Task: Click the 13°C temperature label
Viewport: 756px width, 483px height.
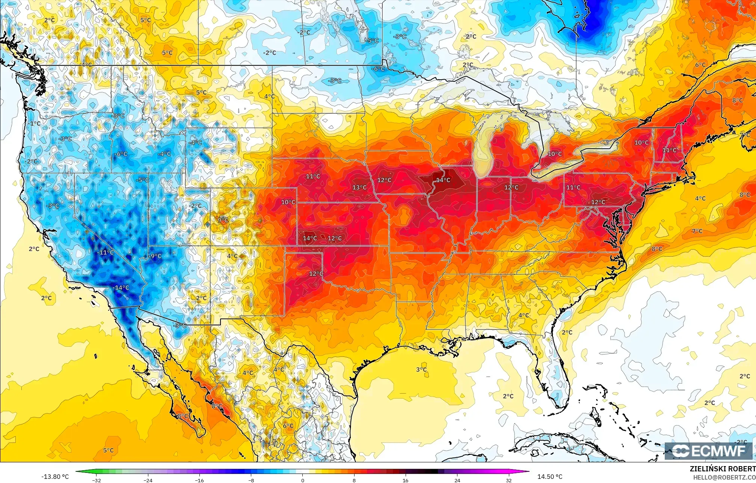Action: click(x=359, y=187)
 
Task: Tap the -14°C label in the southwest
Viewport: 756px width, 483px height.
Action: click(x=121, y=288)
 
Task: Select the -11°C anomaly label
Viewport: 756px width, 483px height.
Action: click(x=105, y=253)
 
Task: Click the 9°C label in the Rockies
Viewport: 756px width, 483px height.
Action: click(x=223, y=220)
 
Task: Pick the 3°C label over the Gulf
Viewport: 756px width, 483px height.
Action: click(x=421, y=370)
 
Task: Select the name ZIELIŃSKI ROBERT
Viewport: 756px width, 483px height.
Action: click(x=723, y=469)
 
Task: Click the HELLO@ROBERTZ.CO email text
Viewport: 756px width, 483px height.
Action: click(x=724, y=477)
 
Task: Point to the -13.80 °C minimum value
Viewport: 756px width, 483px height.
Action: click(x=55, y=477)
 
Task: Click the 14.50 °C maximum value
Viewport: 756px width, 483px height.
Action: click(x=550, y=477)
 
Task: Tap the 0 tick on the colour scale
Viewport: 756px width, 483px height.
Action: click(x=303, y=480)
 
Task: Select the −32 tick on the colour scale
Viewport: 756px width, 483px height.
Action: click(x=97, y=480)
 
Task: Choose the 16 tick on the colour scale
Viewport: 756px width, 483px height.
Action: click(x=406, y=480)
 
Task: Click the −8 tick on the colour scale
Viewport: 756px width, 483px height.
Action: click(x=251, y=480)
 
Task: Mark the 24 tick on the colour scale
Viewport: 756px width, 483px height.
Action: click(x=457, y=480)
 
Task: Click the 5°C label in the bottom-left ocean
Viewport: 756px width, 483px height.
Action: click(x=108, y=450)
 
